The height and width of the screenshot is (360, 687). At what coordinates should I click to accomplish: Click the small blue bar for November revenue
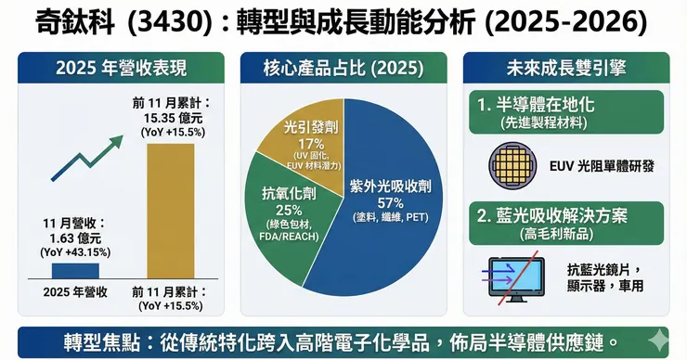[75, 271]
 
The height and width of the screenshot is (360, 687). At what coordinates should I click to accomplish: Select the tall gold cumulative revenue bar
[171, 212]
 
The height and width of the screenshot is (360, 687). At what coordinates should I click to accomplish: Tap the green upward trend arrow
[86, 158]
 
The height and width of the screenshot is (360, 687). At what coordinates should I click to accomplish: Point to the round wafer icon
[512, 165]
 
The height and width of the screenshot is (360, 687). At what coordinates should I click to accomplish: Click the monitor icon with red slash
[516, 280]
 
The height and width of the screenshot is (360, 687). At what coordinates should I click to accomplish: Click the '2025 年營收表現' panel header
[121, 68]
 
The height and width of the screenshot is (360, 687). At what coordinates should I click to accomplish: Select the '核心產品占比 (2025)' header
[343, 68]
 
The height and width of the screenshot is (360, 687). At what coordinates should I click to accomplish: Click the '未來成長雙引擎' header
[566, 68]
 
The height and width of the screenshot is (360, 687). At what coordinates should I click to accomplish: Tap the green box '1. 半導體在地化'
[566, 112]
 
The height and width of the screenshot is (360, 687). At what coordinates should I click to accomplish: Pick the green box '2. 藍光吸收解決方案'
[566, 224]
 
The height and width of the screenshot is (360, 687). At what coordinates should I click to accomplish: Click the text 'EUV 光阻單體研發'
[602, 166]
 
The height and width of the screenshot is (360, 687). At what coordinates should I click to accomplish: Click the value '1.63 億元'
[75, 238]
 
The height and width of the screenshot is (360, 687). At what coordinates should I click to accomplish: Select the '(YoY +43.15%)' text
[75, 252]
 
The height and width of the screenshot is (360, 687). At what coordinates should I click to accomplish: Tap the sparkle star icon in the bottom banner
[658, 341]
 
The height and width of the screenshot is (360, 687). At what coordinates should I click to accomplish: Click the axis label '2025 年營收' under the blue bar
[75, 292]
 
